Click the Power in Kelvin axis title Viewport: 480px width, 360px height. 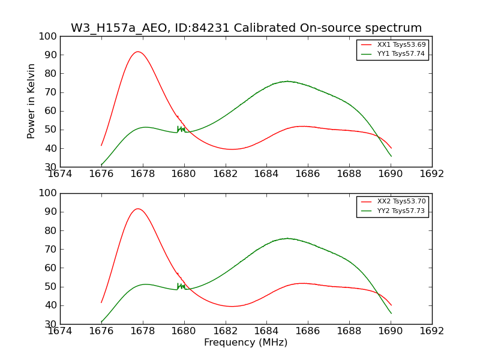(x=32, y=101)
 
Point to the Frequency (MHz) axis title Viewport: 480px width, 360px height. (x=245, y=343)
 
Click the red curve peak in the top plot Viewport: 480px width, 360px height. (x=138, y=52)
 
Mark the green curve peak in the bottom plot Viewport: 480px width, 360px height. (x=287, y=238)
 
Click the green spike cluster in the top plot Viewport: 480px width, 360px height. (x=181, y=129)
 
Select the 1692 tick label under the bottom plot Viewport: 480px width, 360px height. (x=432, y=331)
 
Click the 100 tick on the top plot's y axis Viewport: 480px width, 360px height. (x=50, y=37)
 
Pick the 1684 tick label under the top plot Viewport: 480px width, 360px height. (x=266, y=174)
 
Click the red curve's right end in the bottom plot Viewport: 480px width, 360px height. (x=391, y=305)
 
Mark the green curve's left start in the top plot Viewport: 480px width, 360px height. (x=101, y=164)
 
